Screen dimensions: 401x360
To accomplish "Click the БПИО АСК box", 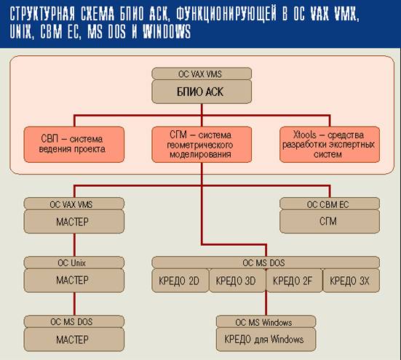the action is (202, 92).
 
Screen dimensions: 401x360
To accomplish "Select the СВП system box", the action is (74, 144).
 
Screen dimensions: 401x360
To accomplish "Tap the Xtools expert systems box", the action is (330, 144).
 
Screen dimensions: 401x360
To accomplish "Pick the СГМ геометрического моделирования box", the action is (202, 144).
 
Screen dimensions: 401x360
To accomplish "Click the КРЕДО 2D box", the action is (180, 281).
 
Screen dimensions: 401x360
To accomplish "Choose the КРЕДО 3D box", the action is (237, 281).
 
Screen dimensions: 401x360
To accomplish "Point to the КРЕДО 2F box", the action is (294, 281).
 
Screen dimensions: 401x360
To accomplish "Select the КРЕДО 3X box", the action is (351, 281).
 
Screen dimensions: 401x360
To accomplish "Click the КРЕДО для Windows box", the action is (266, 340).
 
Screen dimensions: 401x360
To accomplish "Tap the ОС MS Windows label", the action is (266, 321).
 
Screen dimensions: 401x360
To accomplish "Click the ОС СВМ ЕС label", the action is (330, 204).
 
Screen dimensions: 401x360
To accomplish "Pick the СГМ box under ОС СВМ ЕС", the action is (330, 222).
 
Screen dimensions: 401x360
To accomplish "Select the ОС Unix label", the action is (74, 263).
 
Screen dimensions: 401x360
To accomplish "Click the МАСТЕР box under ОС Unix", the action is (74, 281).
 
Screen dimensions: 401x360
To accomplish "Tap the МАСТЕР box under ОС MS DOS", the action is (74, 340).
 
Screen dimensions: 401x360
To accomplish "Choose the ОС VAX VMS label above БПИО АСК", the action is (202, 73).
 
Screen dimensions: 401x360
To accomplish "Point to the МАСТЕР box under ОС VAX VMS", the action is (74, 222).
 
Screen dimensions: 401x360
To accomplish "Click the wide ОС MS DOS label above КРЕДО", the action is (266, 263).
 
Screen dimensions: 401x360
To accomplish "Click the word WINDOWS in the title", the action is (167, 32).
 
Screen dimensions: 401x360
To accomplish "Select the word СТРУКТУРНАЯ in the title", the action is (42, 13).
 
